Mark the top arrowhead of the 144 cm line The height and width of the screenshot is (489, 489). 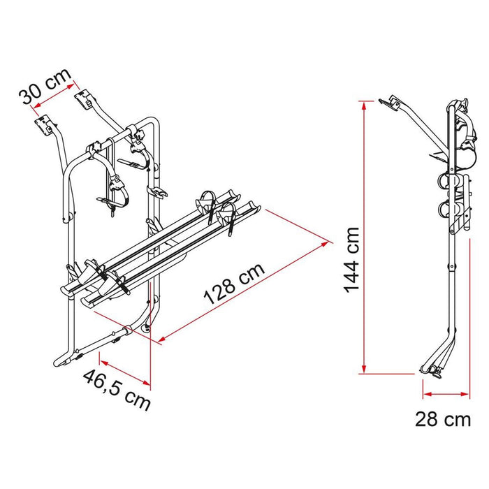point(363,104)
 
